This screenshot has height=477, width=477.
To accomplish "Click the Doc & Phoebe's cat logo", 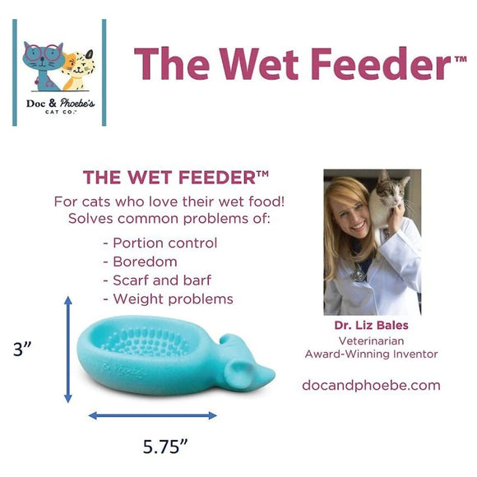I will (x=59, y=72).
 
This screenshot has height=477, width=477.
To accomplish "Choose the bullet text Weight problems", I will (x=168, y=299).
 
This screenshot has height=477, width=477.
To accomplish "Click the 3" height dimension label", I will (x=23, y=349).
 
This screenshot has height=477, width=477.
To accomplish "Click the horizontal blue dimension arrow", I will (x=153, y=415).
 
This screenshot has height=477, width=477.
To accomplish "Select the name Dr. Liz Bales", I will (x=371, y=325).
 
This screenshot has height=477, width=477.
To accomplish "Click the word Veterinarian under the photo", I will (x=371, y=340).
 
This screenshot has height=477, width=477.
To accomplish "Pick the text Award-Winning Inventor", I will (x=371, y=354).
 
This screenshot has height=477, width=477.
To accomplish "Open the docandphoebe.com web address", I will (x=371, y=385).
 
